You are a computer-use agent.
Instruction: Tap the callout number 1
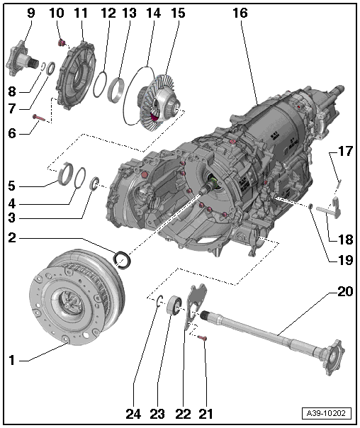coord(11,360)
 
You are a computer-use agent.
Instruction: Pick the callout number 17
coord(344,152)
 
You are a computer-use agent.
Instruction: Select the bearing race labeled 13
coord(116,90)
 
